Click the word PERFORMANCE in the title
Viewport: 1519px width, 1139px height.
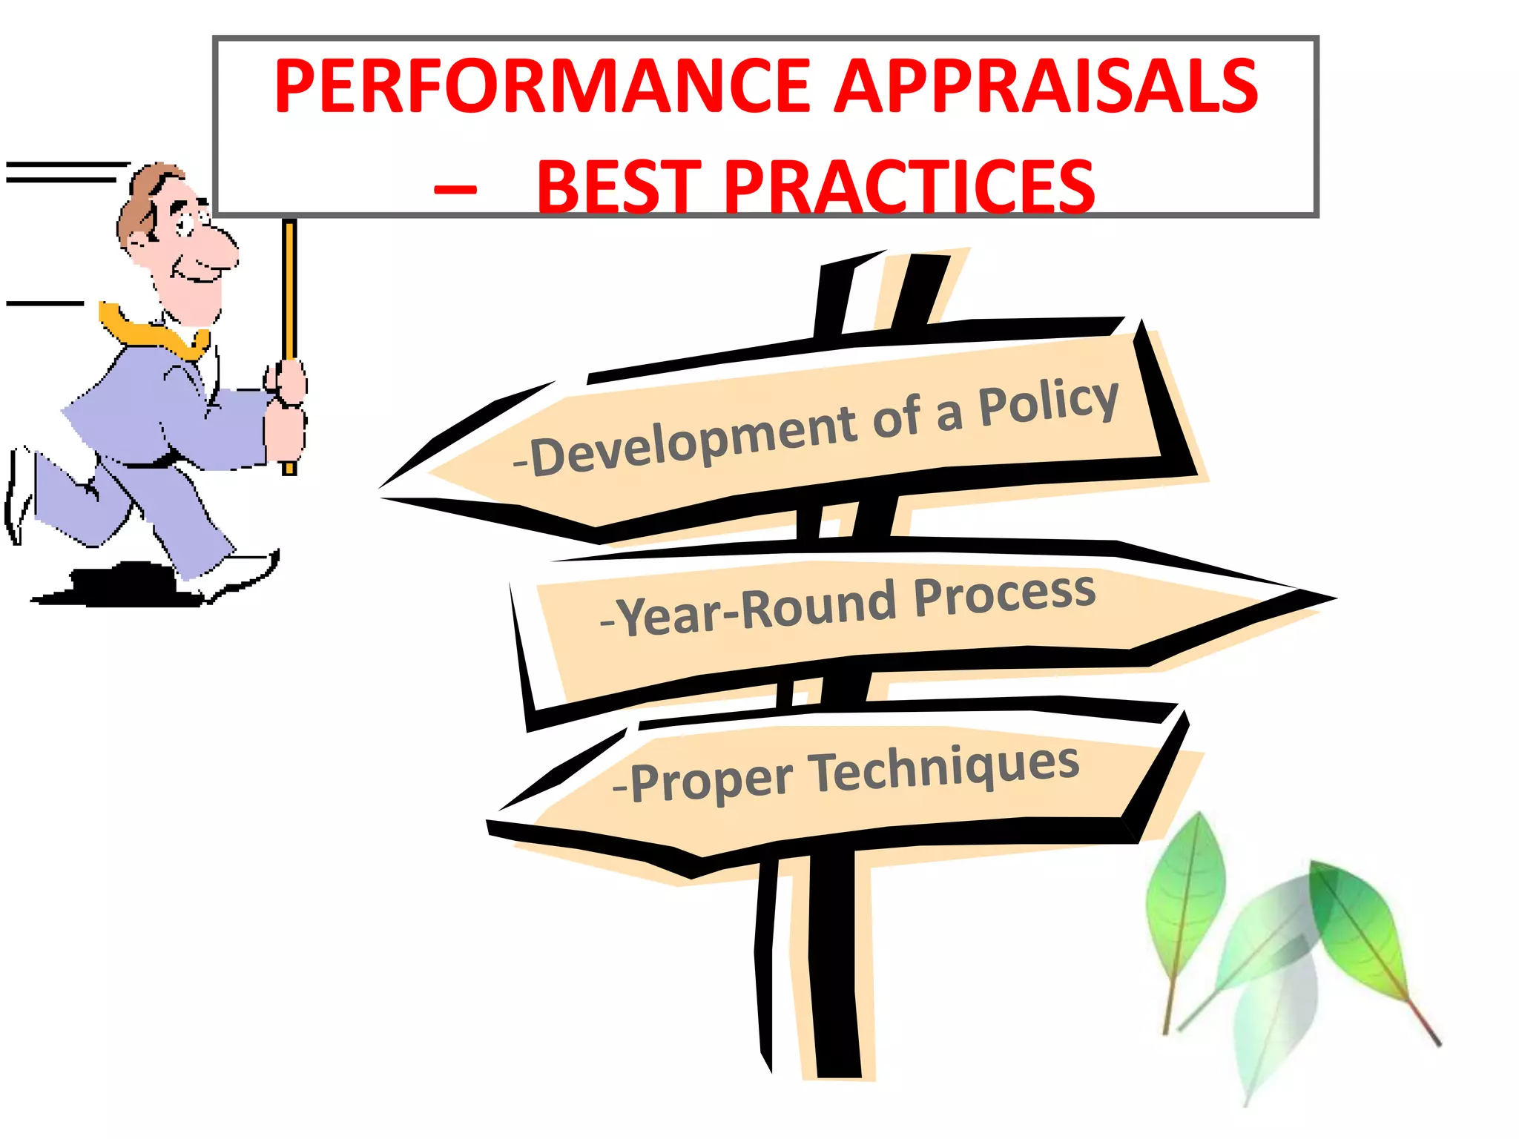click(541, 87)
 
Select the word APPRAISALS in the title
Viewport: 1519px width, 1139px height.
click(1046, 87)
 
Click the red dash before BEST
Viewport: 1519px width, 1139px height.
click(455, 190)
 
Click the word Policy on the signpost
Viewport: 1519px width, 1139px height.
click(1047, 403)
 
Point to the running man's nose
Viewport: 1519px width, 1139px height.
click(221, 245)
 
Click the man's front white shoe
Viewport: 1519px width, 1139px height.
click(237, 575)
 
